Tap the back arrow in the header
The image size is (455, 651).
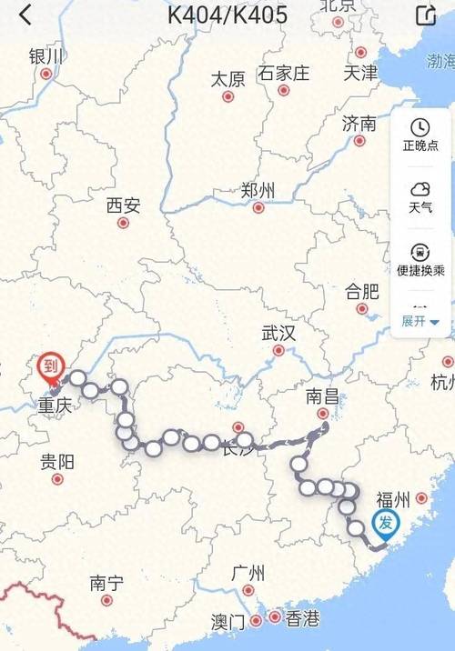coord(25,15)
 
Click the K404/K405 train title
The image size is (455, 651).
coord(227,15)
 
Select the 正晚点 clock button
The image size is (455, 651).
coord(420,135)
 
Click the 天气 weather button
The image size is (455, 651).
coord(420,196)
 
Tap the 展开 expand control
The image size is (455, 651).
coord(420,321)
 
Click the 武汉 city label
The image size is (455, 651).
coord(278,333)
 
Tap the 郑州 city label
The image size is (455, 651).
coord(258,191)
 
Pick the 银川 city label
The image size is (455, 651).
coord(46,56)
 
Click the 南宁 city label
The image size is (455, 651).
coord(107,583)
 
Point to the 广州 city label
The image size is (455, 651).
coord(248,574)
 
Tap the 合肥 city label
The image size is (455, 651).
coord(361,292)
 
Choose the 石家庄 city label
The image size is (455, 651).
coord(284,73)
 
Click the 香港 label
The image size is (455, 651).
coord(303,619)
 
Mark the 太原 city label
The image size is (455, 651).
coord(227,79)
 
